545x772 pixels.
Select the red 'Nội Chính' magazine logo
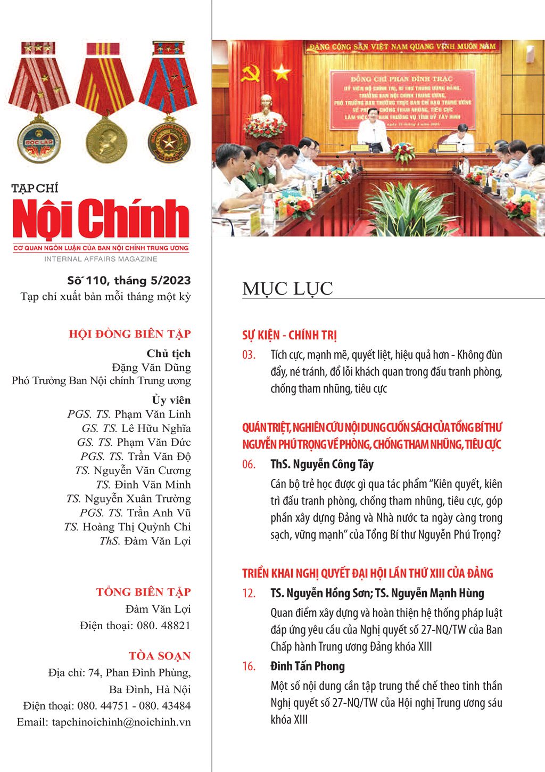101,218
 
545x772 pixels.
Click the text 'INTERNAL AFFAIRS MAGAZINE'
101,259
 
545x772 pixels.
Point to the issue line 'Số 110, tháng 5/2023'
129,281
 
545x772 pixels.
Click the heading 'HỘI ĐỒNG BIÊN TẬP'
129,334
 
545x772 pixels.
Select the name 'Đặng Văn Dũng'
151,368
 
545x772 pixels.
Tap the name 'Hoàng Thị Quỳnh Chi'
136,527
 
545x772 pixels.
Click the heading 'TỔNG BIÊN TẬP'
143,592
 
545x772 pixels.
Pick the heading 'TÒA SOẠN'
159,656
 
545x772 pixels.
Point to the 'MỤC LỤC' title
287,289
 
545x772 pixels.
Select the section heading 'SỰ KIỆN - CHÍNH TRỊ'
289,335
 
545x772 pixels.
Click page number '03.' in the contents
249,355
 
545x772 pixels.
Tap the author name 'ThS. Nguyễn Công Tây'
321,464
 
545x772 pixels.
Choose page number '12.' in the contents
249,593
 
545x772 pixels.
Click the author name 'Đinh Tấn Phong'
307,666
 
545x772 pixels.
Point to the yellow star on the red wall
281,71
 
